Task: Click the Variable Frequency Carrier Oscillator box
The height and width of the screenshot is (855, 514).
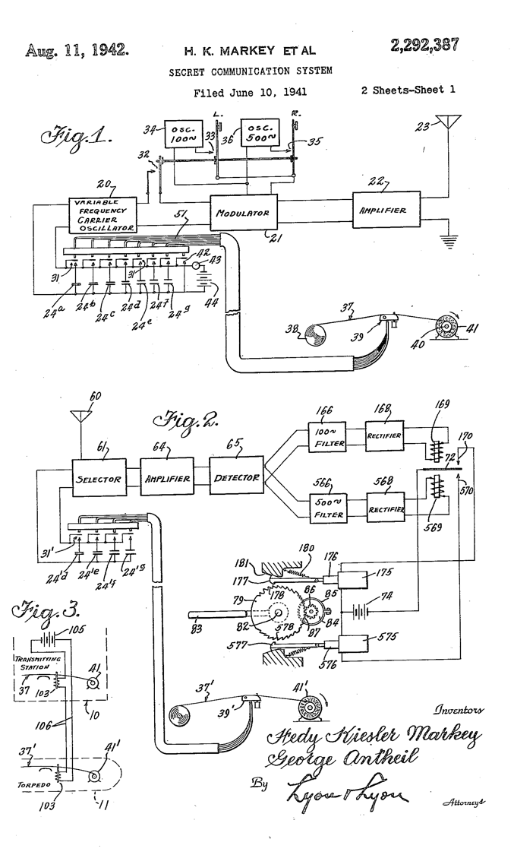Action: (103, 215)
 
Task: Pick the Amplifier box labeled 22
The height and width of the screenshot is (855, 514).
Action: (389, 209)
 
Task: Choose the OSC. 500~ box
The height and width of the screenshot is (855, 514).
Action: (260, 137)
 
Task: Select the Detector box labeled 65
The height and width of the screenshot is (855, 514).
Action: (235, 478)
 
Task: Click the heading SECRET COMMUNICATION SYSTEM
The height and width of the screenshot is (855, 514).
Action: (250, 71)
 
